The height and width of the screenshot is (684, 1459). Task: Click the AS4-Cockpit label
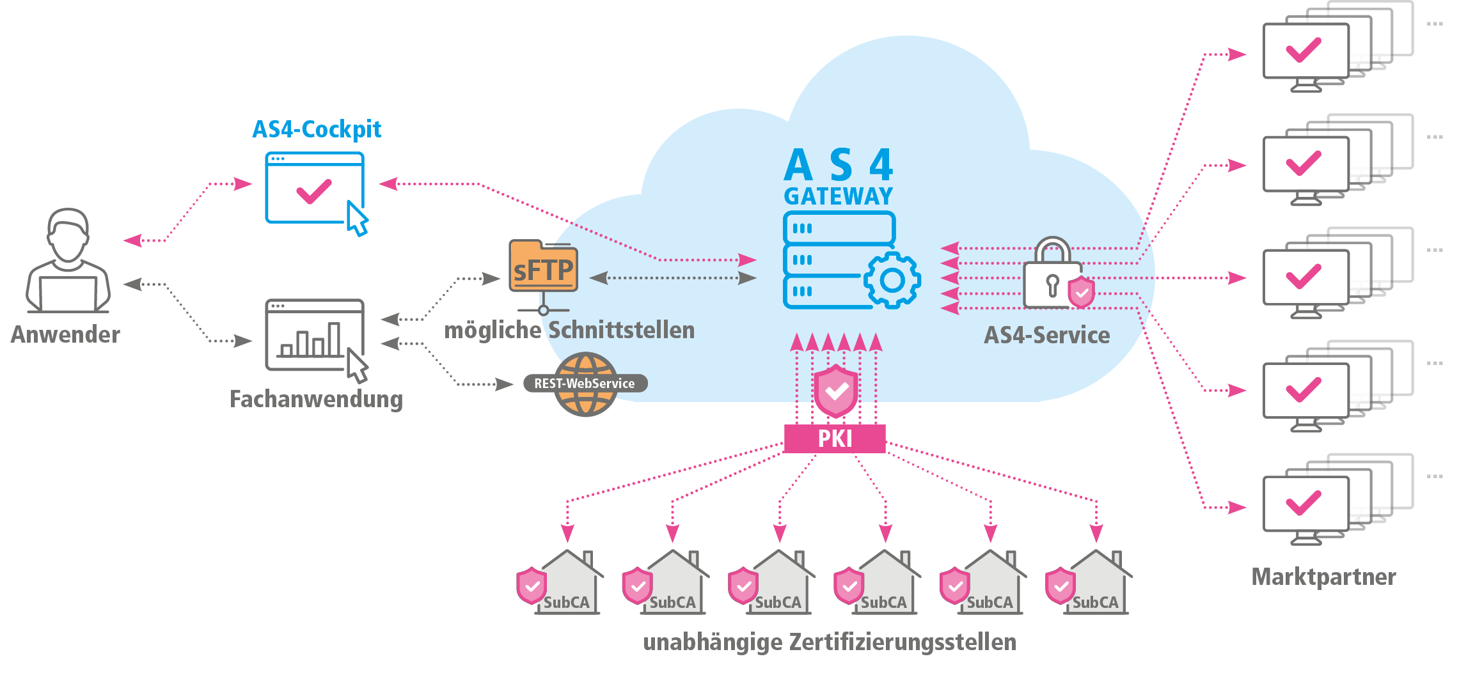tap(317, 130)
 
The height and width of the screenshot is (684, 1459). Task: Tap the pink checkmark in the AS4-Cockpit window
tap(313, 190)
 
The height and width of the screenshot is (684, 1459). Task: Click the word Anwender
tap(65, 334)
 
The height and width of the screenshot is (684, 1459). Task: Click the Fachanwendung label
tap(316, 399)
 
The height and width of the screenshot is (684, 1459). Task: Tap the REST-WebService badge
tap(585, 384)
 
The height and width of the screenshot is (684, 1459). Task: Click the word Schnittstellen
tap(621, 330)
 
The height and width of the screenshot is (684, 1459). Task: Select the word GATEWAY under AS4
tap(838, 196)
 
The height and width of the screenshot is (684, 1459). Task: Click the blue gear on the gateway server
tap(892, 280)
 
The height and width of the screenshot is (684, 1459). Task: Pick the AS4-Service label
tap(1046, 335)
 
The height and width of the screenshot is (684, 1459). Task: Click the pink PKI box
tap(835, 439)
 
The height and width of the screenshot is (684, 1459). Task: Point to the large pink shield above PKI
tap(835, 391)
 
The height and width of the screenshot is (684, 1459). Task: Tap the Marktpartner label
tap(1323, 577)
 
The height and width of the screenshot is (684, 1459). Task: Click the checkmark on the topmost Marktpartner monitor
tap(1303, 51)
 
